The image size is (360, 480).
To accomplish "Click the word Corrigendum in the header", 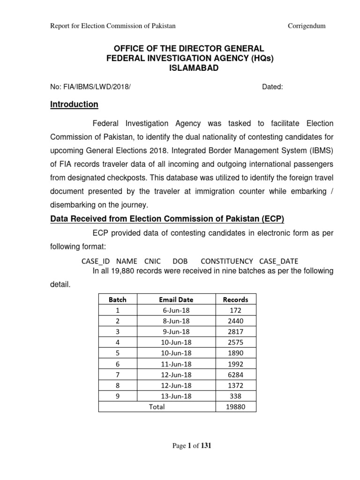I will [x=306, y=26].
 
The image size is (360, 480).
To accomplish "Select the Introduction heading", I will [x=74, y=104].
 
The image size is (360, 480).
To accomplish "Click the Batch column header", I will [x=117, y=300].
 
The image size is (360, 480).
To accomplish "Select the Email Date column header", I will [x=176, y=300].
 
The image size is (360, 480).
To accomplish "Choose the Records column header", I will [x=236, y=300].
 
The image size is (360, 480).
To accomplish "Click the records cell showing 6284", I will [x=236, y=375].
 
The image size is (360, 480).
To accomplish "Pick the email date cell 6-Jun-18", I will [x=176, y=310].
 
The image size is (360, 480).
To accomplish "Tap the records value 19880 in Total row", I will [x=236, y=407].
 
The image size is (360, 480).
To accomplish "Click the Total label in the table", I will [x=157, y=407].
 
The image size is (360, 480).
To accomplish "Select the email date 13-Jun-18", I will [x=176, y=396].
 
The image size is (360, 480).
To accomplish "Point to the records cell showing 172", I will [x=236, y=310].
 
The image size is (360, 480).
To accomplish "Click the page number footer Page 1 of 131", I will [x=192, y=446].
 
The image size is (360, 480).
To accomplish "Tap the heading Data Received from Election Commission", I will [x=167, y=219].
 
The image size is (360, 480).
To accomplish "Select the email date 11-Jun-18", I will [x=176, y=364].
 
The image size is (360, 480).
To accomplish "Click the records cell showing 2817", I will [x=236, y=332].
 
